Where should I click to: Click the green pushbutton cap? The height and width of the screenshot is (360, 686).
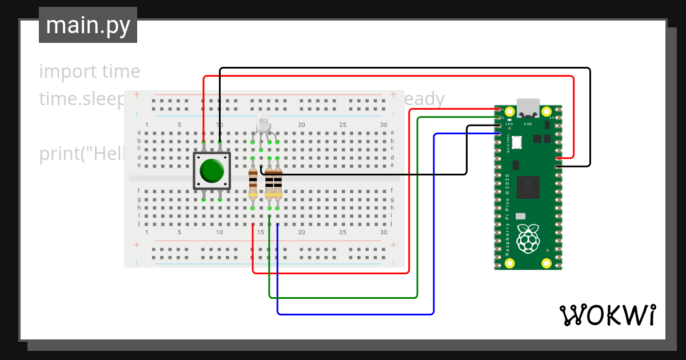212,170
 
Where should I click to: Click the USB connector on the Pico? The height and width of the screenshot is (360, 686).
528,109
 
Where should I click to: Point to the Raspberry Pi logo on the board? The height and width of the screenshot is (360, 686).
528,238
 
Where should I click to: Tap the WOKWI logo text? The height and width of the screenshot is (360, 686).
607,315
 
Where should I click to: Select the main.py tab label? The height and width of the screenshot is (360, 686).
88,25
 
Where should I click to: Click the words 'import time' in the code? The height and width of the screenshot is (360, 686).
90,71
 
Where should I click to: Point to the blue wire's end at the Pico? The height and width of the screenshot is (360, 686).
500,134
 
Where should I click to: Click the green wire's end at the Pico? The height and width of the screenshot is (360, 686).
500,117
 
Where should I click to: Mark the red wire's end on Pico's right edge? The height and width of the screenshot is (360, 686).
557,157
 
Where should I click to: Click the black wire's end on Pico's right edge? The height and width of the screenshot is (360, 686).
557,166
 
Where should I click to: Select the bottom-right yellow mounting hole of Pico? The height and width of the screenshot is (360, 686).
547,263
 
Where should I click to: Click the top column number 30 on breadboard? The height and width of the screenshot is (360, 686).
384,125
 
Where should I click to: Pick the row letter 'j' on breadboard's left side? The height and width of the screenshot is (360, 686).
139,224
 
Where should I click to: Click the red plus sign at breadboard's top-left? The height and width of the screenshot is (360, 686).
137,94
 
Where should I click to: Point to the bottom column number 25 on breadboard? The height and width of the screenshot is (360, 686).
342,233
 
